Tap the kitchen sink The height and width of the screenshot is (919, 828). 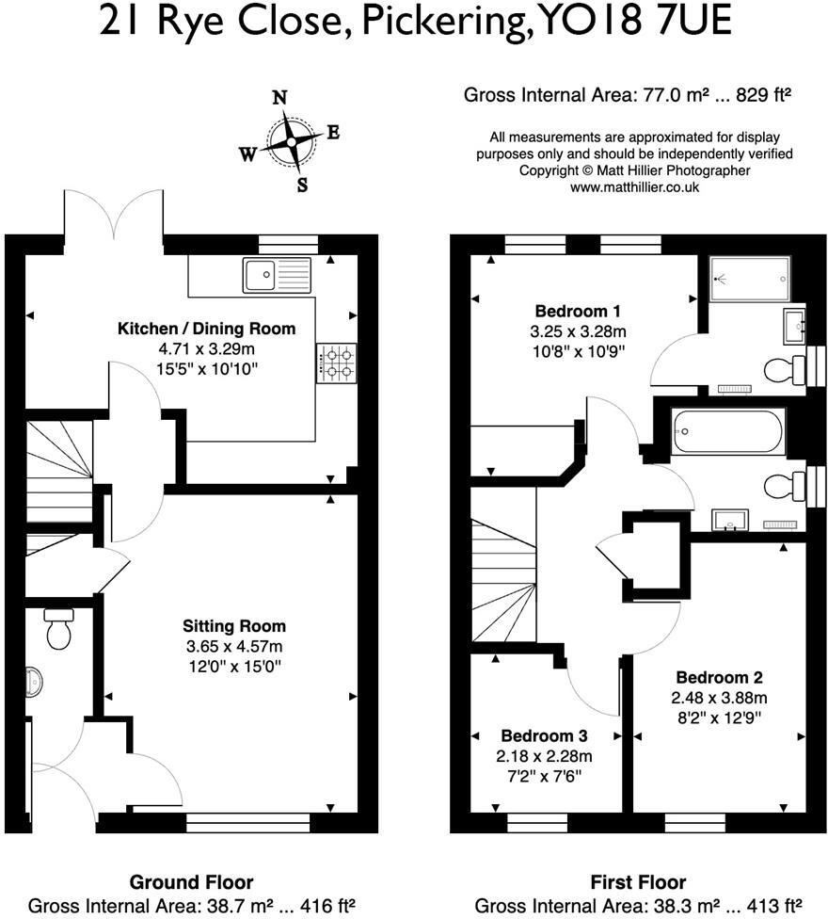tap(276, 276)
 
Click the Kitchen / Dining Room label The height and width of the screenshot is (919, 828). tap(206, 329)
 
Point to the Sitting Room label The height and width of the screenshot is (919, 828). tap(234, 626)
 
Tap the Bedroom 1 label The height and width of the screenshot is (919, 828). tap(578, 312)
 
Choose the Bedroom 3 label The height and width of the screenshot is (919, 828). tap(544, 735)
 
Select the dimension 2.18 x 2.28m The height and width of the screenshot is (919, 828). tap(544, 755)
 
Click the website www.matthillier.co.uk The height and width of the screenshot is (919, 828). tap(634, 187)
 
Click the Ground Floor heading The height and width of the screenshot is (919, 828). tap(191, 882)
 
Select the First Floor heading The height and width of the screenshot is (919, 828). tap(638, 882)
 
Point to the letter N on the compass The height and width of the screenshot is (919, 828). tap(279, 98)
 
